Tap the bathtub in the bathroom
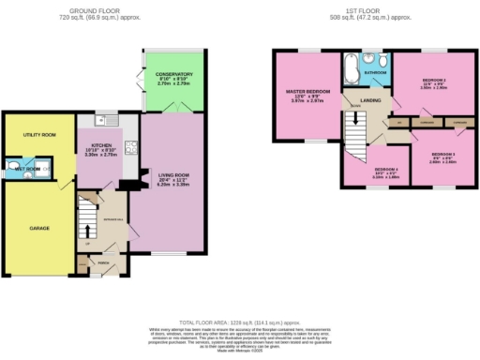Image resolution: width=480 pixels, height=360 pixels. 351,69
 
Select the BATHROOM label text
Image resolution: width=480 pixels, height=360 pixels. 376,71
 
